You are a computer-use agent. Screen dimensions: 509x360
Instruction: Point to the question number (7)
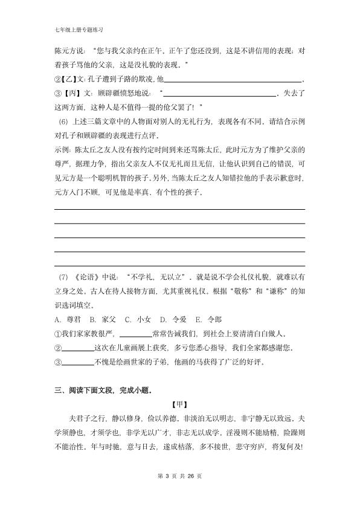click(x=63, y=277)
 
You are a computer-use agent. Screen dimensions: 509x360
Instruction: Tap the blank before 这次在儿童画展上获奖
click(x=78, y=348)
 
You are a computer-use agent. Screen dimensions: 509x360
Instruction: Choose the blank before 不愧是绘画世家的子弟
click(x=78, y=361)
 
